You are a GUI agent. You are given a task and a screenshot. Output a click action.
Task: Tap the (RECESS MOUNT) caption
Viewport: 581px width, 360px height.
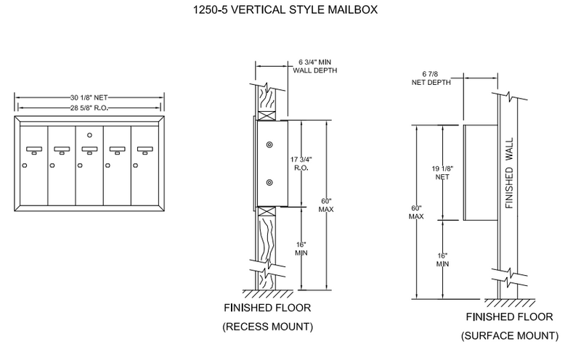tap(267, 327)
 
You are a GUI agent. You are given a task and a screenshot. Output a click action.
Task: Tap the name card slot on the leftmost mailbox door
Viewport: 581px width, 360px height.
tap(34, 151)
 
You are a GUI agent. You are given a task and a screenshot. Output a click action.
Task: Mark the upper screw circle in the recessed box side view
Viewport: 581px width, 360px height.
tap(269, 145)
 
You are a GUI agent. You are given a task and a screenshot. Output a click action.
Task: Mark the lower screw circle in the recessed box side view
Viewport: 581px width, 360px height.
tap(269, 182)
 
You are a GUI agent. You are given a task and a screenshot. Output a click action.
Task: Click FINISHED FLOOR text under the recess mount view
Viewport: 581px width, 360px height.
tap(267, 308)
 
